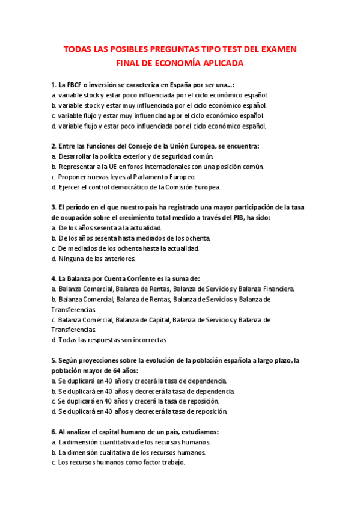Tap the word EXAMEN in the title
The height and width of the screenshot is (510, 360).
pos(276,49)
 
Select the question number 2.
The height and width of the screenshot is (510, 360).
pos(53,146)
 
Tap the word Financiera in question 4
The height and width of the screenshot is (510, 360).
pos(274,289)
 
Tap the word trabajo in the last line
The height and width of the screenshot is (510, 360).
pos(171,462)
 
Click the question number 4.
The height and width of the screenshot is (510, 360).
pos(53,279)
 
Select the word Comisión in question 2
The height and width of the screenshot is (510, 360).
pos(186,187)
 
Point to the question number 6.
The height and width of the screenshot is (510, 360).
pos(53,432)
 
